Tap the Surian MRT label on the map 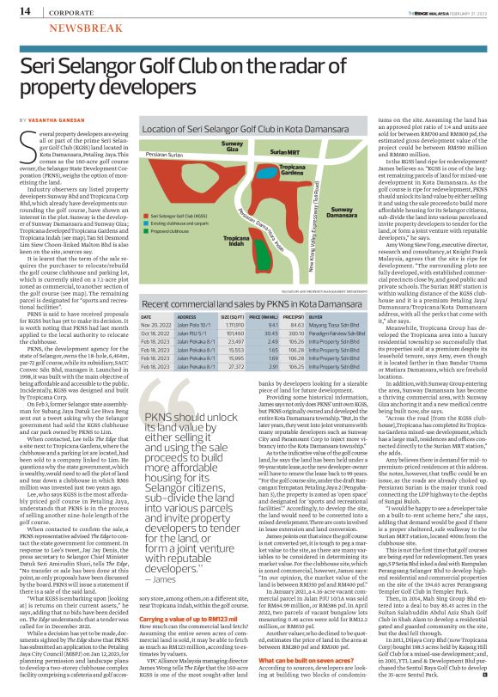260,152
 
